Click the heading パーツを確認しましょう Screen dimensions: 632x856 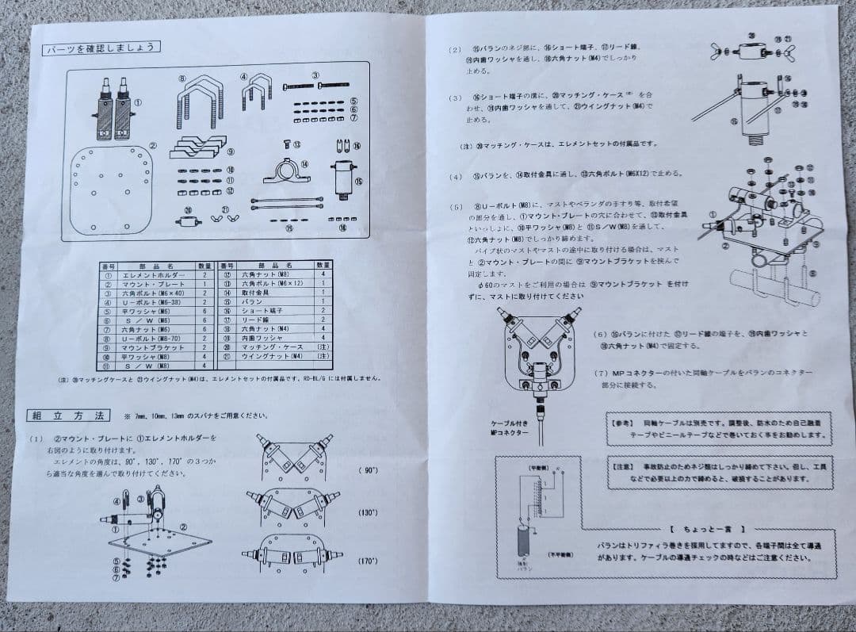(101, 48)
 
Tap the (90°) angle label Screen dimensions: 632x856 (368, 470)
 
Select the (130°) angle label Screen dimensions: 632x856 (368, 513)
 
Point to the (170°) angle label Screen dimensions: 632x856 (368, 561)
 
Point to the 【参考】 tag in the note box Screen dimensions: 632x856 (625, 423)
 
